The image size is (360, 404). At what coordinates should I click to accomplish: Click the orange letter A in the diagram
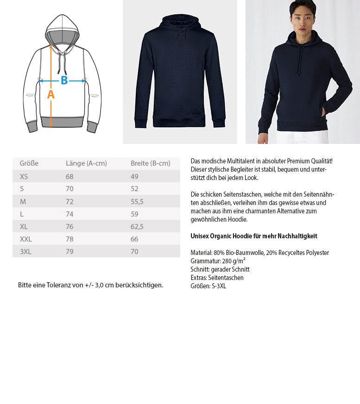51,94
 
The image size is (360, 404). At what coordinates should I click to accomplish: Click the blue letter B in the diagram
64,81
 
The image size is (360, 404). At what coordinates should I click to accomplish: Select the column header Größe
29,163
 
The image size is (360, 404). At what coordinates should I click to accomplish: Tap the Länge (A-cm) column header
86,163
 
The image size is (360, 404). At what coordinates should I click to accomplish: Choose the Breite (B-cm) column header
151,163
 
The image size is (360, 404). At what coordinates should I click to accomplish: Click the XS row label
24,176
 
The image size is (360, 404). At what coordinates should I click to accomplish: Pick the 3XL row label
26,251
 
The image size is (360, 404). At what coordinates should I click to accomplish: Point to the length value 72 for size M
70,201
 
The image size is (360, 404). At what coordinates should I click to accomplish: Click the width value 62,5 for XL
137,226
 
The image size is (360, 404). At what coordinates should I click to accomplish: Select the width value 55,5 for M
137,201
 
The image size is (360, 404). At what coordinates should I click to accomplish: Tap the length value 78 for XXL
70,239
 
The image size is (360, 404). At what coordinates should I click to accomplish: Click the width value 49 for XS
135,176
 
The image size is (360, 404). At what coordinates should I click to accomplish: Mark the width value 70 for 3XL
135,251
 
